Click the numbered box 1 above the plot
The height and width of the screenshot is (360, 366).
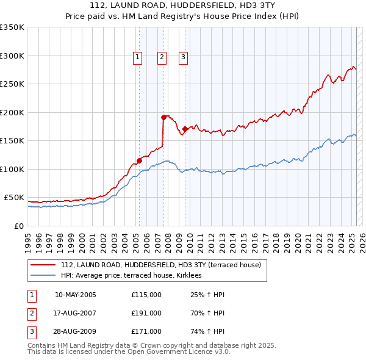coord(137,58)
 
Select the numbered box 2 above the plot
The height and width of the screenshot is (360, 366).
coord(162,58)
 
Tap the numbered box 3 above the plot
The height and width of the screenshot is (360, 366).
coord(183,58)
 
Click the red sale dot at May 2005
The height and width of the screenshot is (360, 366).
coord(139,161)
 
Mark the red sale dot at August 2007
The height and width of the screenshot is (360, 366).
coord(163,117)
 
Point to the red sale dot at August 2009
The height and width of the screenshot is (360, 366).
coord(185,129)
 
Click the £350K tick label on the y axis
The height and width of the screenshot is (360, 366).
coord(12,27)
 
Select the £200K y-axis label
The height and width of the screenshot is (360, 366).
coord(12,112)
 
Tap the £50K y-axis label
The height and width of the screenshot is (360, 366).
coord(14,198)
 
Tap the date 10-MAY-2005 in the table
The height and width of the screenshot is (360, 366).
coord(75,295)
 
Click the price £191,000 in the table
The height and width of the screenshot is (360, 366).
coord(146,313)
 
